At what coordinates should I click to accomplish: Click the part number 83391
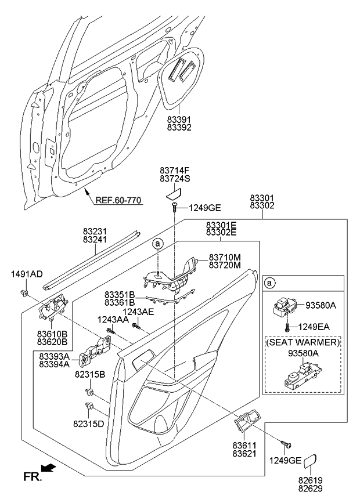[179, 118]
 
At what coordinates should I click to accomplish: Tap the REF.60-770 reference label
[119, 200]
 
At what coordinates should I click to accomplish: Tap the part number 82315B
[89, 375]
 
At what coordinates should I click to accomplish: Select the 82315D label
[89, 424]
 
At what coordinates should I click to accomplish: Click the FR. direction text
[31, 477]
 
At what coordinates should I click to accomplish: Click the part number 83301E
[221, 225]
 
